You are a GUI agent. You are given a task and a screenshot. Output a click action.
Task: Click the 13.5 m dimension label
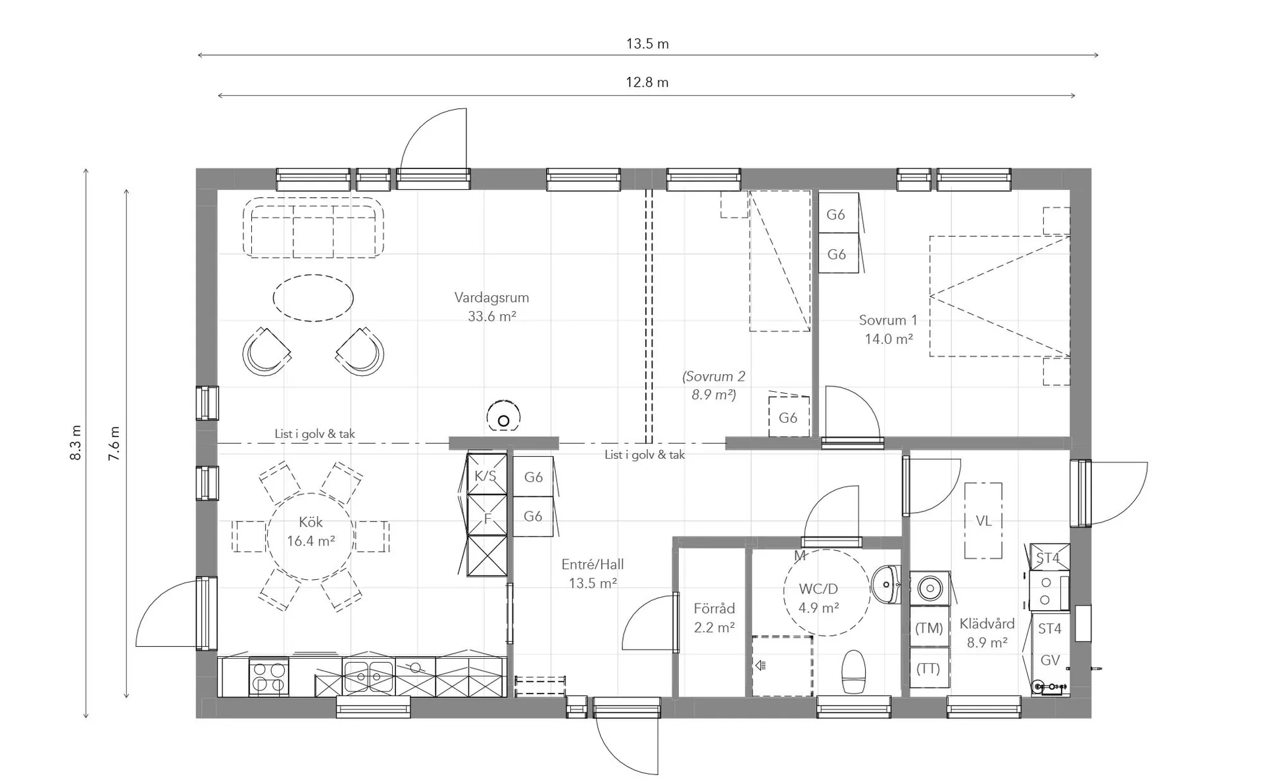click(647, 44)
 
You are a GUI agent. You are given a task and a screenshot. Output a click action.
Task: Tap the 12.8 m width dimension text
click(647, 83)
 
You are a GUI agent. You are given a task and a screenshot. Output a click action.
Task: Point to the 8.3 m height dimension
click(76, 442)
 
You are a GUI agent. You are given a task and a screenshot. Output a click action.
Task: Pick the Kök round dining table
click(310, 536)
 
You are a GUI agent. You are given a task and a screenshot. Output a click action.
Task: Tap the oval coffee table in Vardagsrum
click(313, 298)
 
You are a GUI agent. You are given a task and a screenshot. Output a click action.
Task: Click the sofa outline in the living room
click(313, 227)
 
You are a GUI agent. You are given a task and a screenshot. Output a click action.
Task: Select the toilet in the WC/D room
click(853, 672)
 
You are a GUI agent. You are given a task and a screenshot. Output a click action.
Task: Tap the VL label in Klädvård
click(983, 521)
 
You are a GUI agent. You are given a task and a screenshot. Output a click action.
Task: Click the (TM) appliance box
click(929, 628)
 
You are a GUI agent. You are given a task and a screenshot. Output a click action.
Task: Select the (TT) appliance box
click(929, 668)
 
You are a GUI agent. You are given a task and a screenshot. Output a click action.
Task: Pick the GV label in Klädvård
click(1050, 661)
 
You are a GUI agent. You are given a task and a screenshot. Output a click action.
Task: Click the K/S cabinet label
click(485, 476)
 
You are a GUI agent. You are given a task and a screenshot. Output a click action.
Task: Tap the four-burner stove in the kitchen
click(269, 677)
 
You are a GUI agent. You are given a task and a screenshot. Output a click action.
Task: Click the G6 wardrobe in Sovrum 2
click(789, 417)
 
